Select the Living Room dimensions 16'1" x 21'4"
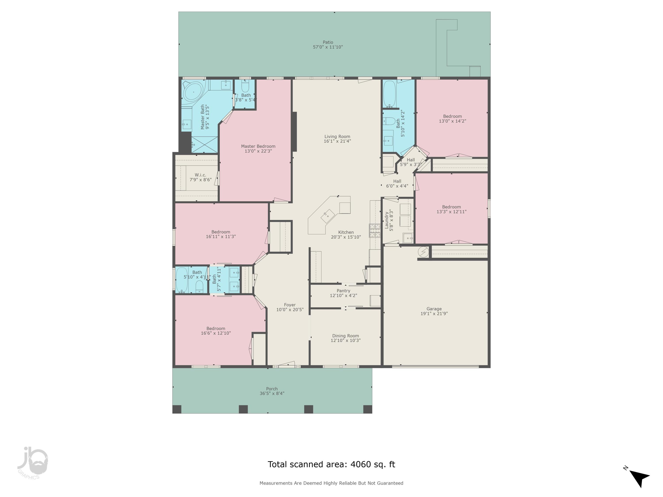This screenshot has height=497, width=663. [x=337, y=141]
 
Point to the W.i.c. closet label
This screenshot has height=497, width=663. [x=200, y=175]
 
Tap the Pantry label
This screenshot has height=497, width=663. [x=343, y=291]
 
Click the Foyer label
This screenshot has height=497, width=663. [x=290, y=305]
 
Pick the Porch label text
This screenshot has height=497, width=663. [x=272, y=389]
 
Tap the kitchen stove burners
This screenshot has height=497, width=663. [x=375, y=231]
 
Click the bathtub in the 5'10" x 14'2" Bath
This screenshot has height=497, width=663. [x=389, y=93]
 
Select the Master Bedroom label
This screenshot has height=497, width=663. [x=258, y=146]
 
